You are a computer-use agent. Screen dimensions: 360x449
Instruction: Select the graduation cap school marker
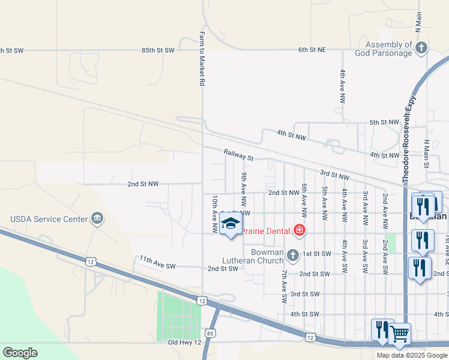tap(231, 225)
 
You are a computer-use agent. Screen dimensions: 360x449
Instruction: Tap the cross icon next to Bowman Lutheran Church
tap(293, 256)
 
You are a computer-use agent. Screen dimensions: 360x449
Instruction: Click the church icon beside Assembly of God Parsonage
tap(421, 48)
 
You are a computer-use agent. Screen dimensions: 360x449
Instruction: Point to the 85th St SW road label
tap(157, 50)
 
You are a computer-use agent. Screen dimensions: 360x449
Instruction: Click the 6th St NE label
tap(312, 50)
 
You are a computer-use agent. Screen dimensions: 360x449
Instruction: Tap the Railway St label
tap(239, 155)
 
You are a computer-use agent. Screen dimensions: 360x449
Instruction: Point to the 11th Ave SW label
tap(157, 262)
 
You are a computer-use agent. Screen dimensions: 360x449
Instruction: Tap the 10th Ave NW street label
tap(214, 214)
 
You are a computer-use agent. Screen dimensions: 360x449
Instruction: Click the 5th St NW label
tap(384, 122)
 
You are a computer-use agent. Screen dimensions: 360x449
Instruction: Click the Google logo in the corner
tap(20, 352)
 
